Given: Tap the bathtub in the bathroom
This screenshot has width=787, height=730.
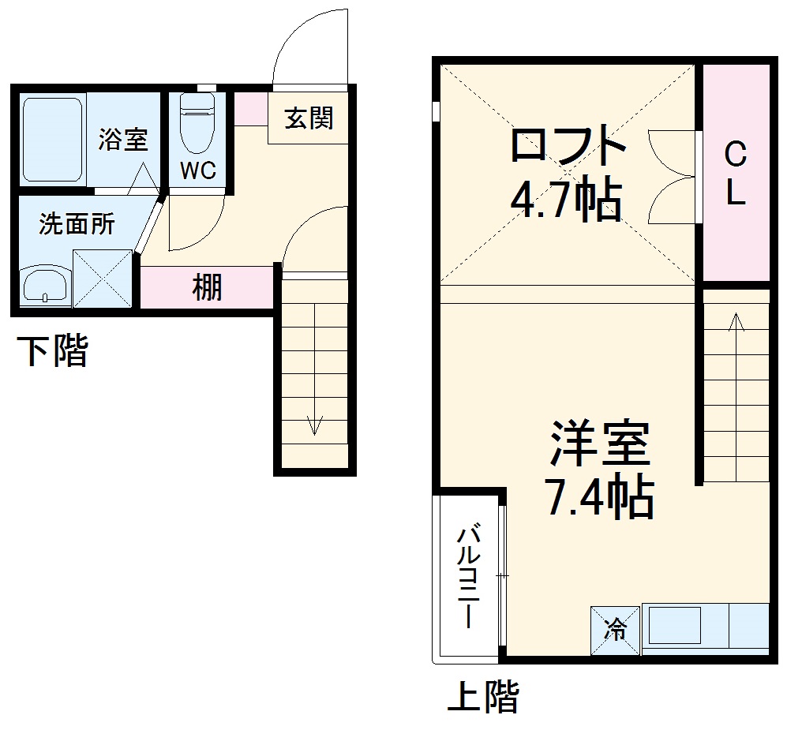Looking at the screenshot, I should [52, 140].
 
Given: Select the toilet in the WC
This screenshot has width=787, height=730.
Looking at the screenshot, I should [197, 122].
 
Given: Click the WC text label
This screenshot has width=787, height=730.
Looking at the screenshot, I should [197, 171].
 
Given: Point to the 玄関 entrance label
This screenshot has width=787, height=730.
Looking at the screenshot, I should [309, 118].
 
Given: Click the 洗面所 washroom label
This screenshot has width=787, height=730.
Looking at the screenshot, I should [77, 225].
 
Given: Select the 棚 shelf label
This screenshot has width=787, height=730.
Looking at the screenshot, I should [208, 287].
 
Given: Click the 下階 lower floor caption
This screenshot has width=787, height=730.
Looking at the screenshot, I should [53, 350].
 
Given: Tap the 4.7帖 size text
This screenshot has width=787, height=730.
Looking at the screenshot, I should [565, 201].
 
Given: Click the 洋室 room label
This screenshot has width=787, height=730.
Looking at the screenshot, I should [600, 445].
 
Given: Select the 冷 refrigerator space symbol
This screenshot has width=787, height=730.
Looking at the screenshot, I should [615, 630].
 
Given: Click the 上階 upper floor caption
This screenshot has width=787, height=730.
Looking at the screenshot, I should [483, 697].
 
